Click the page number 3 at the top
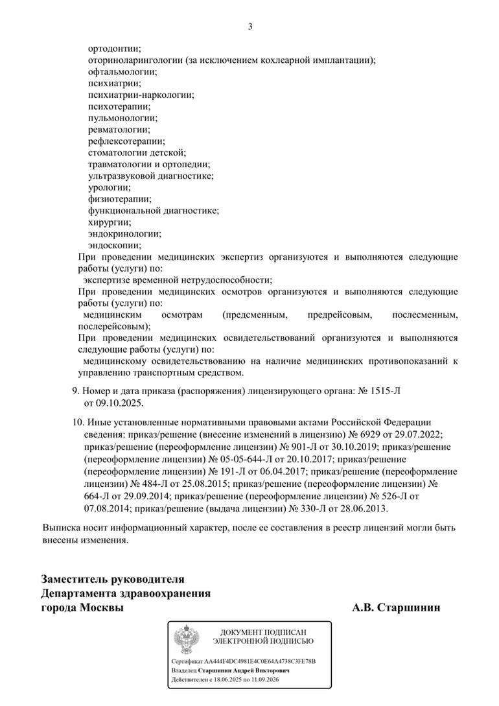tap(250, 27)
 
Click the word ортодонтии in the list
tap(114, 49)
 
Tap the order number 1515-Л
tap(389, 392)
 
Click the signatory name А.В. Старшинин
tap(396, 608)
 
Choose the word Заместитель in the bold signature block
tap(76, 580)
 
